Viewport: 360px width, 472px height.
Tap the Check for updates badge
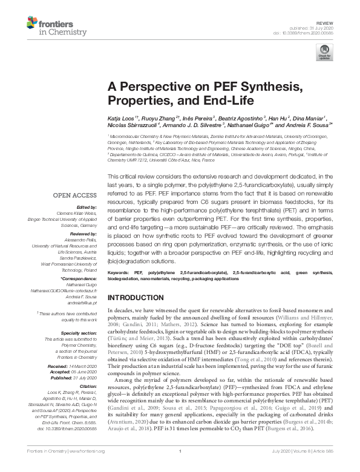pos(325,52)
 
